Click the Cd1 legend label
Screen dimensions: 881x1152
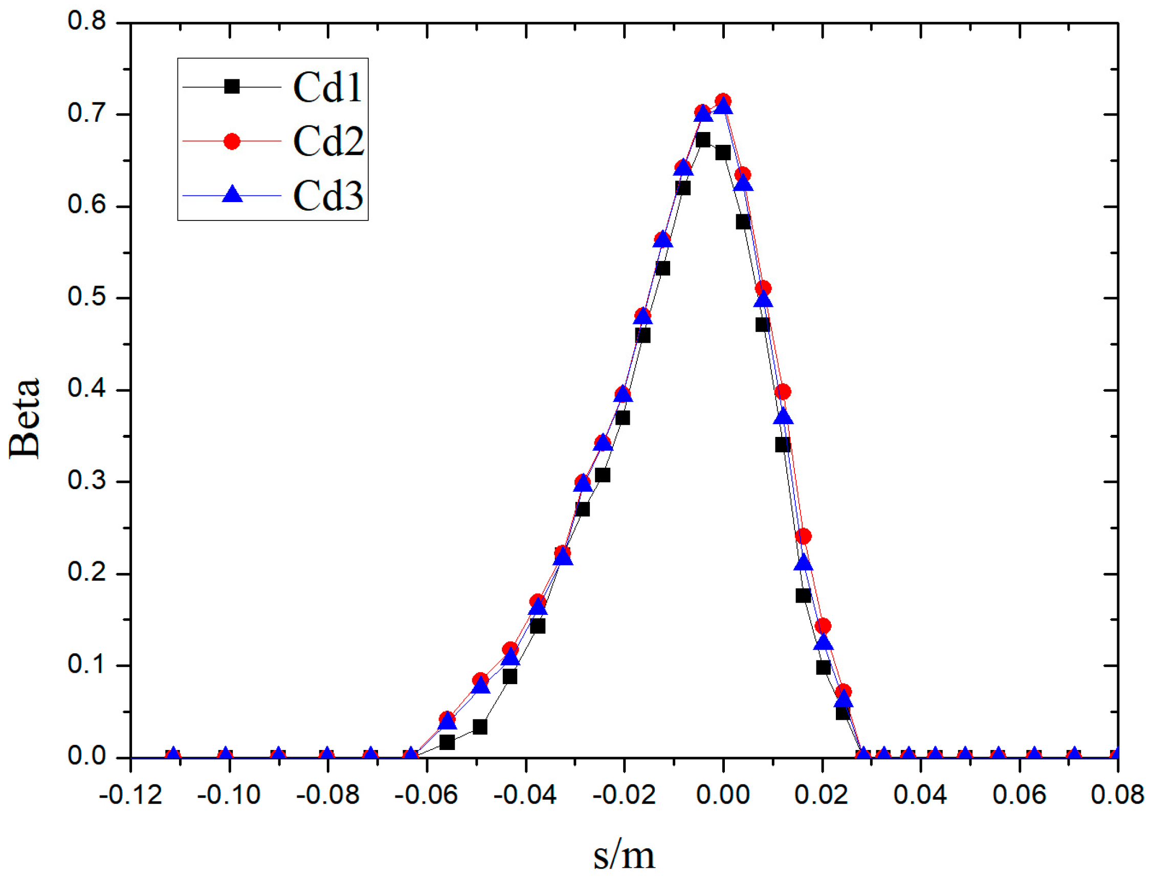(327, 87)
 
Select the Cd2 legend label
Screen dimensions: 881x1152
(328, 142)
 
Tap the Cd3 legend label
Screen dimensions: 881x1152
(328, 195)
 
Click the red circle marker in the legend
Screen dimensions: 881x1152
(232, 142)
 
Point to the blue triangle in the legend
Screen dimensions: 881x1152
(232, 194)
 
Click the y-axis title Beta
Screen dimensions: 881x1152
(25, 418)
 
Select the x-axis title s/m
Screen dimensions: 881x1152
(624, 855)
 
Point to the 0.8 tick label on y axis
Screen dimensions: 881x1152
(86, 21)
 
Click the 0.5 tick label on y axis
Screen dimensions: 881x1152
(86, 297)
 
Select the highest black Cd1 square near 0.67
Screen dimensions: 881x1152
(703, 140)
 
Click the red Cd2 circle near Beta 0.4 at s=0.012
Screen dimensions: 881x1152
(782, 392)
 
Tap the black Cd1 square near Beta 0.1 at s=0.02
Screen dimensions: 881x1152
(823, 668)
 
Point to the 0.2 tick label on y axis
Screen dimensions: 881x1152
(86, 572)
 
